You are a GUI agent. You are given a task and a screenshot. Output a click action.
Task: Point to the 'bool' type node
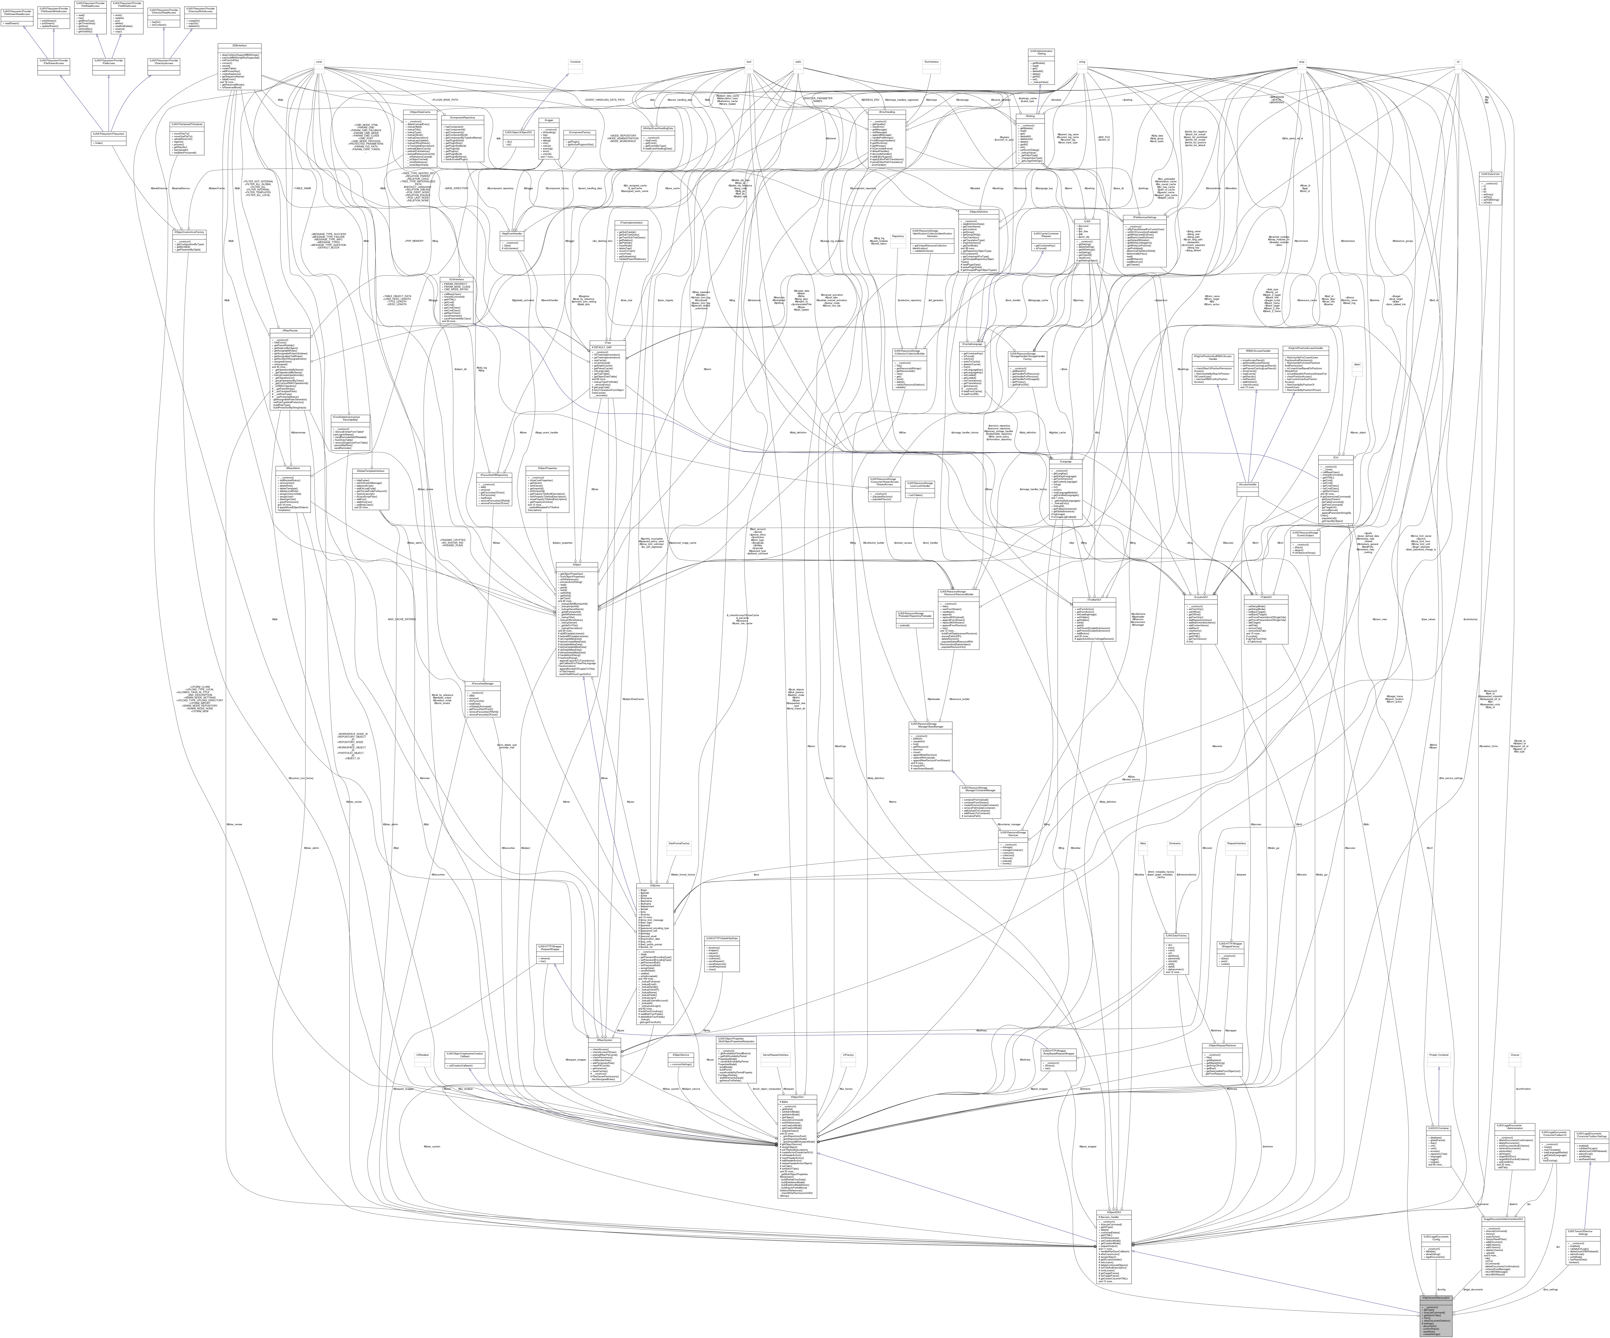pos(748,62)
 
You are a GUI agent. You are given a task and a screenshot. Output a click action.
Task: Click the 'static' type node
pos(798,62)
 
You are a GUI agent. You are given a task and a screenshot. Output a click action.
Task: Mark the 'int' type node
pos(1457,62)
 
